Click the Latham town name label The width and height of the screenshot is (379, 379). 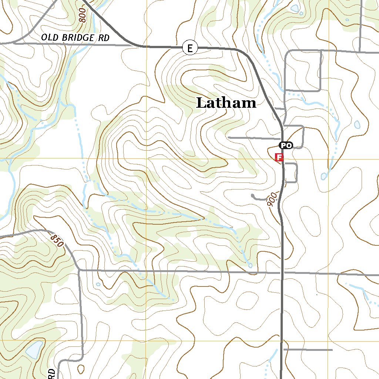tap(226, 103)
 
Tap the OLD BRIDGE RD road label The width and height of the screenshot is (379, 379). tap(76, 37)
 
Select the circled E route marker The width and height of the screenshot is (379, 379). tap(190, 48)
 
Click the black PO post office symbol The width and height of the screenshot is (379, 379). tap(285, 145)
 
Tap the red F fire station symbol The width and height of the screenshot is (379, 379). tap(279, 158)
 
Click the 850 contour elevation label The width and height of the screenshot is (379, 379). tap(57, 241)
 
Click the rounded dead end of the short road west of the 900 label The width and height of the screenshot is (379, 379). tap(252, 195)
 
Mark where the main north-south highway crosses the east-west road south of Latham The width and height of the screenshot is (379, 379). tap(282, 273)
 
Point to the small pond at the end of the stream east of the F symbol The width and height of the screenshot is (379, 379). tap(324, 176)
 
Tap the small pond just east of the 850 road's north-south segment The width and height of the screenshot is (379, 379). tap(98, 284)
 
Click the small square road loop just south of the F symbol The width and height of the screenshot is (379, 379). tap(291, 172)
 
